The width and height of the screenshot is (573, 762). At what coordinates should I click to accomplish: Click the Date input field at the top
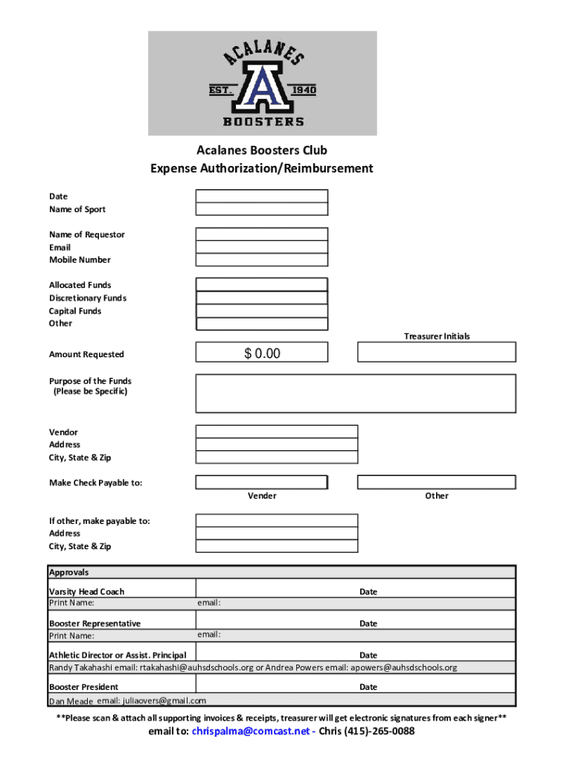pos(261,196)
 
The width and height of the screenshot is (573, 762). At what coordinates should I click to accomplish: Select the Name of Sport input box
pos(261,209)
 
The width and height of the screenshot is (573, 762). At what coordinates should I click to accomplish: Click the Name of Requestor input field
pos(261,234)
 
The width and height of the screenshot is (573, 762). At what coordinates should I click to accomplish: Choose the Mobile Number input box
pos(261,260)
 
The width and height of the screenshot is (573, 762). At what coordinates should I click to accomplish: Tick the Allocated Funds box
pos(261,284)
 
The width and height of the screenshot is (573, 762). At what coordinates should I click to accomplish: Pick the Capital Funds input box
pos(261,311)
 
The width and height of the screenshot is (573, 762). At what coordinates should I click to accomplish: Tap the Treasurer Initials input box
pos(436,352)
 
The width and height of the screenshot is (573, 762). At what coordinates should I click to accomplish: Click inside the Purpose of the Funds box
pos(355,393)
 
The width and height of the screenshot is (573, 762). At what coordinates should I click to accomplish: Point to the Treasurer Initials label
pos(437,336)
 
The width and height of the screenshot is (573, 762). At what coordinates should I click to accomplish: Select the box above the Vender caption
pos(261,482)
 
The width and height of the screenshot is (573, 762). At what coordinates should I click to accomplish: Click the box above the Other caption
pos(436,482)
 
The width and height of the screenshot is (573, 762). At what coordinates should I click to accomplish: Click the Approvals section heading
pos(68,572)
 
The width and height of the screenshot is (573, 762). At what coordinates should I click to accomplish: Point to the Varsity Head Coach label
pos(86,592)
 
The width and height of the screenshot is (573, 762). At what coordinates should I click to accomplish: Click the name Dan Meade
pos(71,701)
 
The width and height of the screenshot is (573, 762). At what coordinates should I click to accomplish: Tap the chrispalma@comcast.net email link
pos(249,731)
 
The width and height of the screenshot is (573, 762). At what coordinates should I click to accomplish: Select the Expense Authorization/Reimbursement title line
pos(262,168)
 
